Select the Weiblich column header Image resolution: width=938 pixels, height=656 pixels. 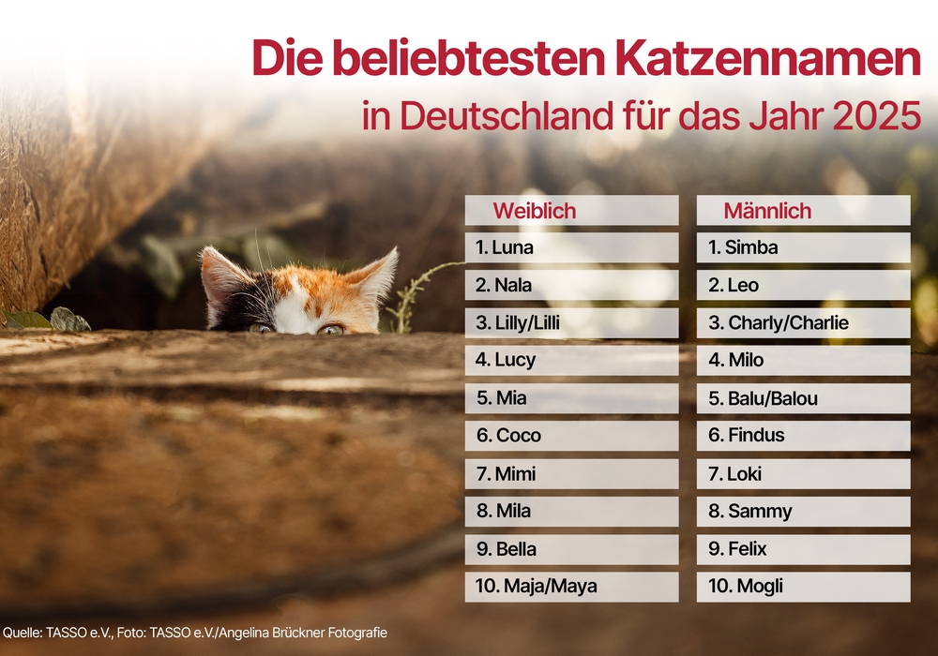[535, 211]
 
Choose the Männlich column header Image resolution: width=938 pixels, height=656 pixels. [767, 211]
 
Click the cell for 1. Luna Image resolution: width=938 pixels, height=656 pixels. [571, 248]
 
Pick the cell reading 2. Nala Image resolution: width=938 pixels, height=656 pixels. [571, 286]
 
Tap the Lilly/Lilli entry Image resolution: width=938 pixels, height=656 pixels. [571, 323]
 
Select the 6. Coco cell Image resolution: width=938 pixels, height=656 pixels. [571, 436]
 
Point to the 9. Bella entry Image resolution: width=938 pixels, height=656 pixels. [571, 549]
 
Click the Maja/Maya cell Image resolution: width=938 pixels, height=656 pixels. [571, 587]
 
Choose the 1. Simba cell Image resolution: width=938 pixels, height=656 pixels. [803, 248]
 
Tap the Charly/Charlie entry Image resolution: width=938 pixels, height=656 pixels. [803, 323]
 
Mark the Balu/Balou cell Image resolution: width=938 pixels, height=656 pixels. [803, 398]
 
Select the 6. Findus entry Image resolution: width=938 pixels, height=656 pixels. [803, 436]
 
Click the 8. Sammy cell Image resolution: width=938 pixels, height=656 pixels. [803, 512]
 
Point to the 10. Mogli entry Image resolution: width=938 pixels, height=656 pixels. [803, 587]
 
